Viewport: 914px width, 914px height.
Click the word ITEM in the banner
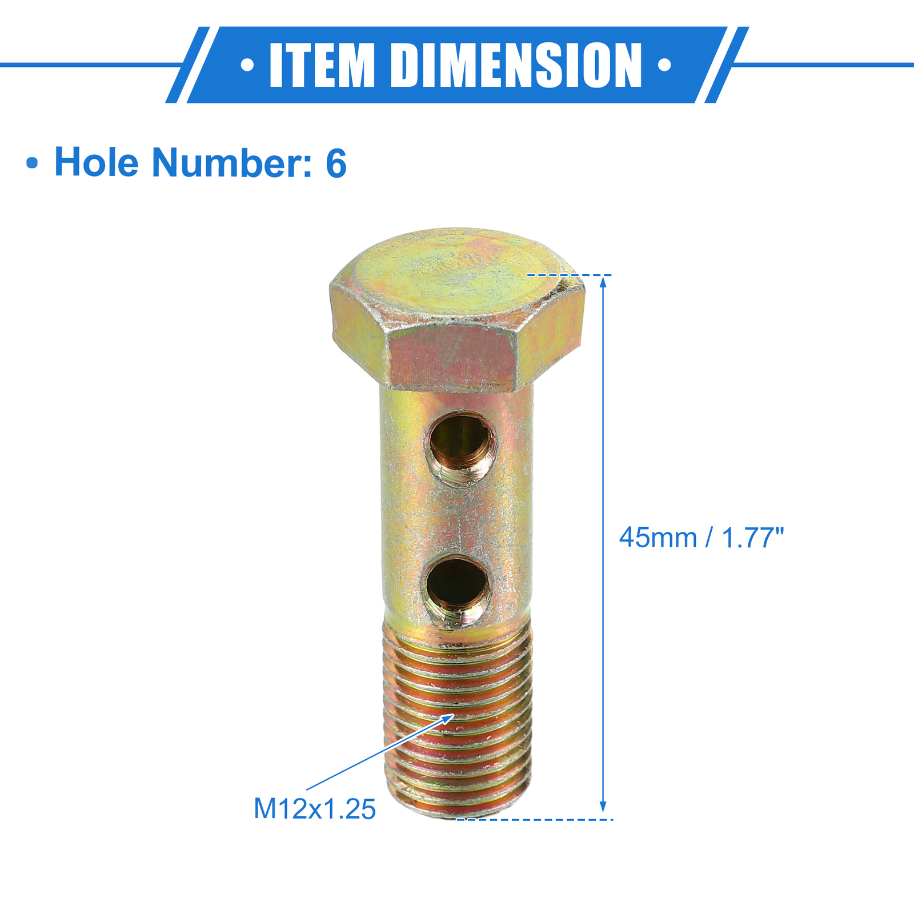click(x=322, y=65)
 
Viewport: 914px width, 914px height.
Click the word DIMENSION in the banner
click(x=516, y=65)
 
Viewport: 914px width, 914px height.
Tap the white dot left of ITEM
click(x=247, y=65)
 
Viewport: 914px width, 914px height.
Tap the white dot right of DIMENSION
click(x=664, y=65)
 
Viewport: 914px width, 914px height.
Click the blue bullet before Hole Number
click(x=33, y=163)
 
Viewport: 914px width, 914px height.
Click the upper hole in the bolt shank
click(x=461, y=440)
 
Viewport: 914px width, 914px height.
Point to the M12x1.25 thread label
click(x=315, y=809)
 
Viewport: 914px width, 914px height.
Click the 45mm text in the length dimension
click(x=658, y=538)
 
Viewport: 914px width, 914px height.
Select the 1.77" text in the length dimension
click(x=753, y=538)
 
